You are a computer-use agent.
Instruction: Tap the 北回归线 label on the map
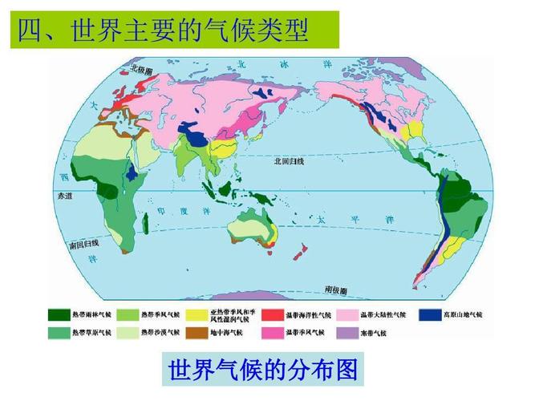point(288,160)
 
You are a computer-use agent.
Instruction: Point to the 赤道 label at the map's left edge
point(59,195)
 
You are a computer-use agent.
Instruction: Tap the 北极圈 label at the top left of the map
point(144,69)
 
